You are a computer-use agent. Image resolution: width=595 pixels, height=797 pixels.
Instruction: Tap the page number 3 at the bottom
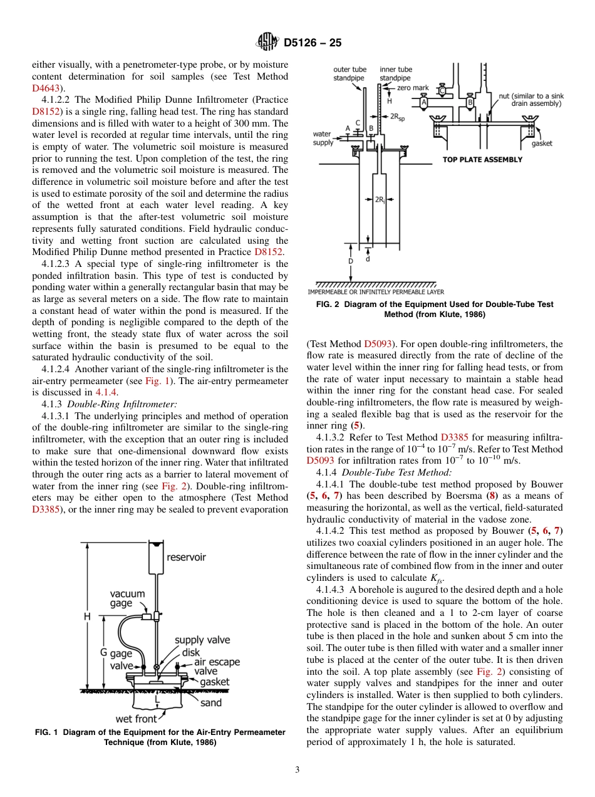pyautogui.click(x=297, y=770)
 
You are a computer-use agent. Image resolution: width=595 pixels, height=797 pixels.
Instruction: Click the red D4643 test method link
pyautogui.click(x=44, y=88)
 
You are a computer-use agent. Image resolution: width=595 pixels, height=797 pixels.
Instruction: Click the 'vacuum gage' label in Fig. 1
pyautogui.click(x=127, y=598)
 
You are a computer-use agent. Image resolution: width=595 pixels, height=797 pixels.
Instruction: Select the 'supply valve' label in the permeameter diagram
pyautogui.click(x=202, y=640)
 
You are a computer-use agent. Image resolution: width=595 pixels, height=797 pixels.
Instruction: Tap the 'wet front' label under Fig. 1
pyautogui.click(x=136, y=719)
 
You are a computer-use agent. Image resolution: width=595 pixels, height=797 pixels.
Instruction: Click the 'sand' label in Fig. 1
pyautogui.click(x=210, y=703)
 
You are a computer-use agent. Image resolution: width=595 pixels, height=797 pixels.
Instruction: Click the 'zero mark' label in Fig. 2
pyautogui.click(x=413, y=88)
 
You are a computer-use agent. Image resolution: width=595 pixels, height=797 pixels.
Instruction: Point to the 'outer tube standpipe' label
pyautogui.click(x=350, y=74)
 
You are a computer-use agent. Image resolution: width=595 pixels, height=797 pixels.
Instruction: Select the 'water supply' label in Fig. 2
pyautogui.click(x=323, y=138)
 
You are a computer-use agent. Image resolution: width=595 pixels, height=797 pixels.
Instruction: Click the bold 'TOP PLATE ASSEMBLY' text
pyautogui.click(x=482, y=160)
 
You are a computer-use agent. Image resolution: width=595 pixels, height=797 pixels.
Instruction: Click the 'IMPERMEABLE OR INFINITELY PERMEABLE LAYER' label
pyautogui.click(x=375, y=291)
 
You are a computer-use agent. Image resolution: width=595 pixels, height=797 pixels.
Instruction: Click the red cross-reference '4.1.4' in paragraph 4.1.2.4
pyautogui.click(x=106, y=392)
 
